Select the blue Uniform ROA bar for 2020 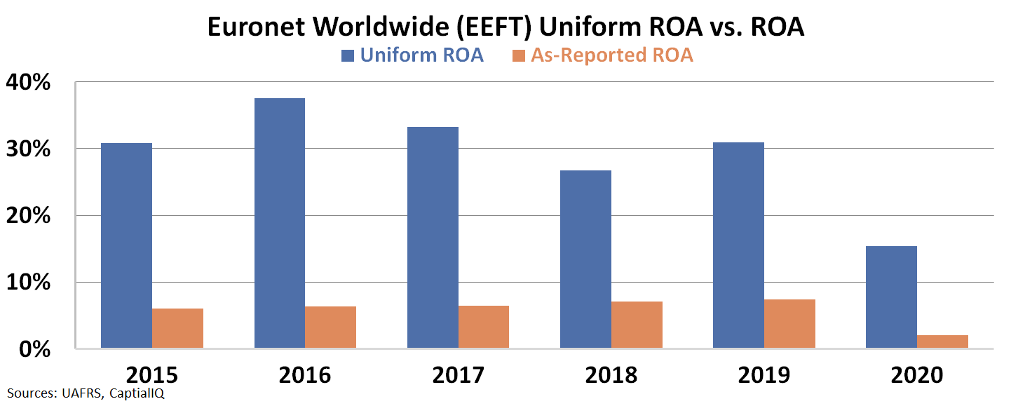pos(891,297)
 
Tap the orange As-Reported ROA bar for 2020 pos(942,341)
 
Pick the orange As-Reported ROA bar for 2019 pos(789,324)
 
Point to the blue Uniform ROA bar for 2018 pos(585,259)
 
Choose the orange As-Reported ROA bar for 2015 pos(177,328)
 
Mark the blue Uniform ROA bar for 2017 pos(433,238)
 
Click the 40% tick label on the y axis pos(29,83)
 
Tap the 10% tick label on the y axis pos(29,283)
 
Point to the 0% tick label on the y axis pos(35,349)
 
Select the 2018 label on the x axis pos(611,375)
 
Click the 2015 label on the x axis pos(151,375)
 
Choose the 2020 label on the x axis pos(917,375)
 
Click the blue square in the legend pos(348,56)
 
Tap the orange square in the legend pos(519,56)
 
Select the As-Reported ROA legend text pos(612,55)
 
